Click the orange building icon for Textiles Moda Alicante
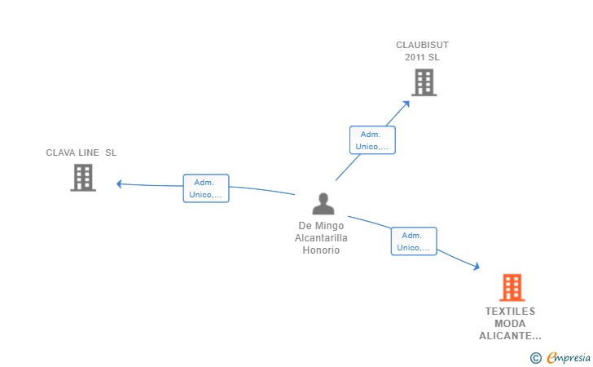click(512, 287)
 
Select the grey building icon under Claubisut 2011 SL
click(424, 82)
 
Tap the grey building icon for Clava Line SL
click(83, 178)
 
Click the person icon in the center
click(323, 204)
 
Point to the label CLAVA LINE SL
click(81, 153)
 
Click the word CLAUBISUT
click(422, 45)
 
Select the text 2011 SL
click(422, 57)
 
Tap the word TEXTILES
click(510, 312)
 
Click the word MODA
click(510, 324)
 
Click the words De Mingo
click(321, 226)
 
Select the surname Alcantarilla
click(321, 238)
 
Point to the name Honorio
click(321, 250)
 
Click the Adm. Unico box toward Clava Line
click(206, 188)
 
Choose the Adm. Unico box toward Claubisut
click(372, 140)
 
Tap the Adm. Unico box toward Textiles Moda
click(414, 241)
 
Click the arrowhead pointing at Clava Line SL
click(119, 184)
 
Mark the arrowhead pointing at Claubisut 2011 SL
click(406, 104)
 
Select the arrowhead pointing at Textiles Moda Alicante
click(477, 266)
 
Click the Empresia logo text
click(569, 357)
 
